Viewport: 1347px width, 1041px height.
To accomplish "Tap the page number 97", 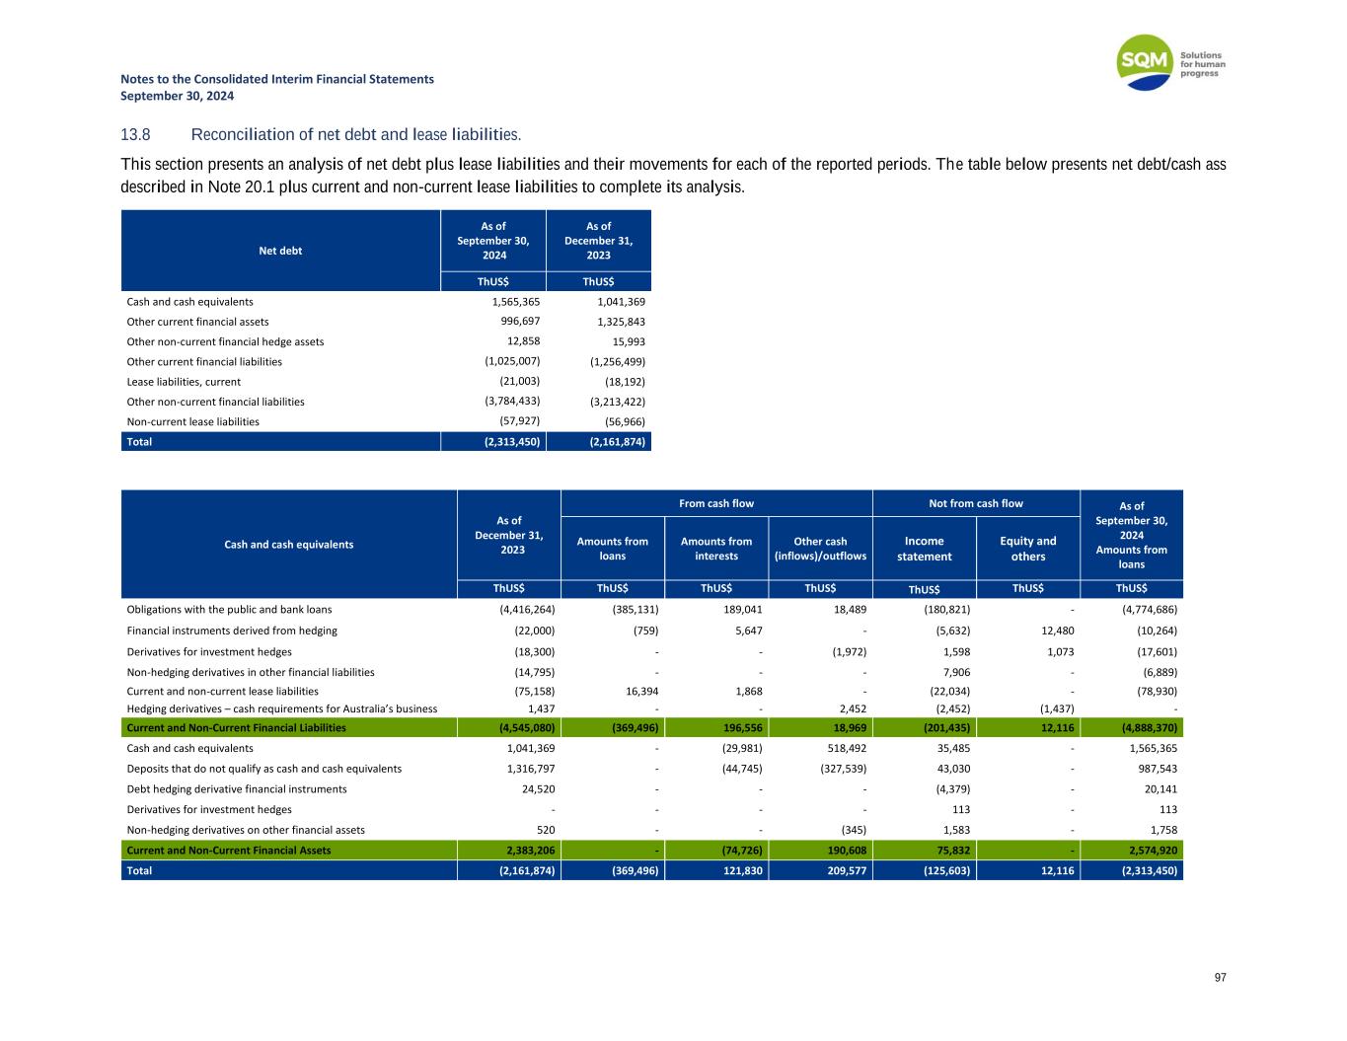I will coord(1220,978).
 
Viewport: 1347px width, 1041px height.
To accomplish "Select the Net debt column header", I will coord(280,251).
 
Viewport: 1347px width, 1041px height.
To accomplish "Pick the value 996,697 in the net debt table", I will coord(517,322).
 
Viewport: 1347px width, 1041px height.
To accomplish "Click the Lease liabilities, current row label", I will coord(184,382).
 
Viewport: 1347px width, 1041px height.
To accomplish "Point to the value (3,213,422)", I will coord(618,402).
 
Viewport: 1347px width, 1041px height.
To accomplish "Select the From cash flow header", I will coord(716,503).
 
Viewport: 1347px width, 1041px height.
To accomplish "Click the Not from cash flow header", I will coord(976,503).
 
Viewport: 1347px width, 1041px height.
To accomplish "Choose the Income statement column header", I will coord(924,549).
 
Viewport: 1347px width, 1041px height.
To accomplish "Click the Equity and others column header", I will coord(1028,549).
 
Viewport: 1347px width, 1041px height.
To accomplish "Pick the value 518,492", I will coord(844,748).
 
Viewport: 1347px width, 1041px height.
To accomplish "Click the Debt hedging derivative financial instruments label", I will coord(237,789).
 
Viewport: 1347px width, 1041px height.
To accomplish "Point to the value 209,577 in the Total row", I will coord(844,871).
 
